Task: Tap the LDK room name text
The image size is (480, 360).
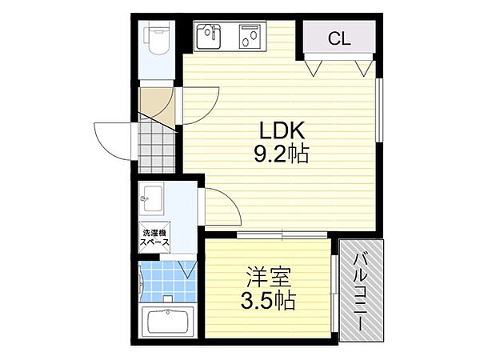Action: [x=279, y=130]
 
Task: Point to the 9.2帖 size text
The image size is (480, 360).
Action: [x=279, y=152]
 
